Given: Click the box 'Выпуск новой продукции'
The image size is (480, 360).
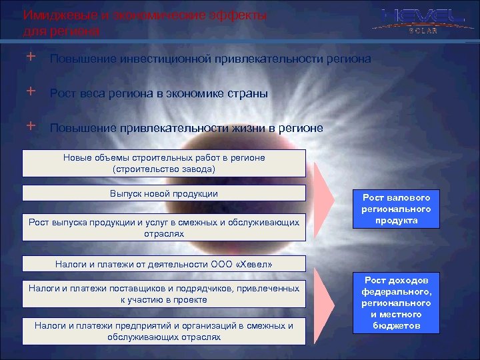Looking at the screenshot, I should pyautogui.click(x=164, y=194).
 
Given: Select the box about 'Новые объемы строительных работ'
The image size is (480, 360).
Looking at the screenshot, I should pyautogui.click(x=164, y=163).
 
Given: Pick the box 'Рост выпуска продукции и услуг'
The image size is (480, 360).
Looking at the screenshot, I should pyautogui.click(x=164, y=227).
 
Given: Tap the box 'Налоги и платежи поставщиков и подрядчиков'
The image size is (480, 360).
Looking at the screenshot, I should pyautogui.click(x=164, y=294).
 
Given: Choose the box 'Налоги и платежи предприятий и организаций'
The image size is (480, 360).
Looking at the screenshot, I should pyautogui.click(x=164, y=331).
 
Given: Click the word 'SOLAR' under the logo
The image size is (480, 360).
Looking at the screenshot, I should pyautogui.click(x=420, y=31).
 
